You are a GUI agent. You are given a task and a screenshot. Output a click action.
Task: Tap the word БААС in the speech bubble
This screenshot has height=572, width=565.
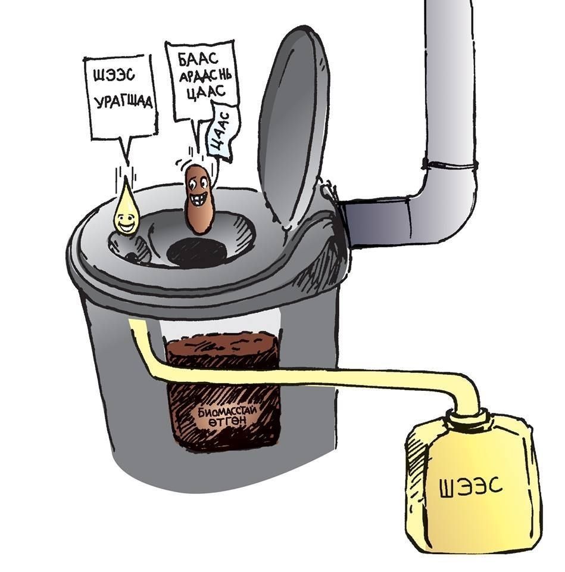198,59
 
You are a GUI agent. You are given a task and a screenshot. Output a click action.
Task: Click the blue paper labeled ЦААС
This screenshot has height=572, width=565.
221,131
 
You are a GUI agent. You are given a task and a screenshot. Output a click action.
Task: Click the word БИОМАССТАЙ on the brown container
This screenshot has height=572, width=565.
227,412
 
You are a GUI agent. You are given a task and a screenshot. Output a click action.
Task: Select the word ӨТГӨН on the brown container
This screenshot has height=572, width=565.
227,422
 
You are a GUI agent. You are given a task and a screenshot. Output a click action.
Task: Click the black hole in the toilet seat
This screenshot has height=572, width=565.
196,252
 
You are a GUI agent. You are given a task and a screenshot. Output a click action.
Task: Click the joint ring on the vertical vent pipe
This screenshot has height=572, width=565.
450,164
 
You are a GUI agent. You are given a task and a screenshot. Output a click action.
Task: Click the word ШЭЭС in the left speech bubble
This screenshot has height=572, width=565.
114,76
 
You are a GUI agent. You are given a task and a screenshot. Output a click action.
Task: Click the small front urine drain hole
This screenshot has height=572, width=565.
132,257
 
